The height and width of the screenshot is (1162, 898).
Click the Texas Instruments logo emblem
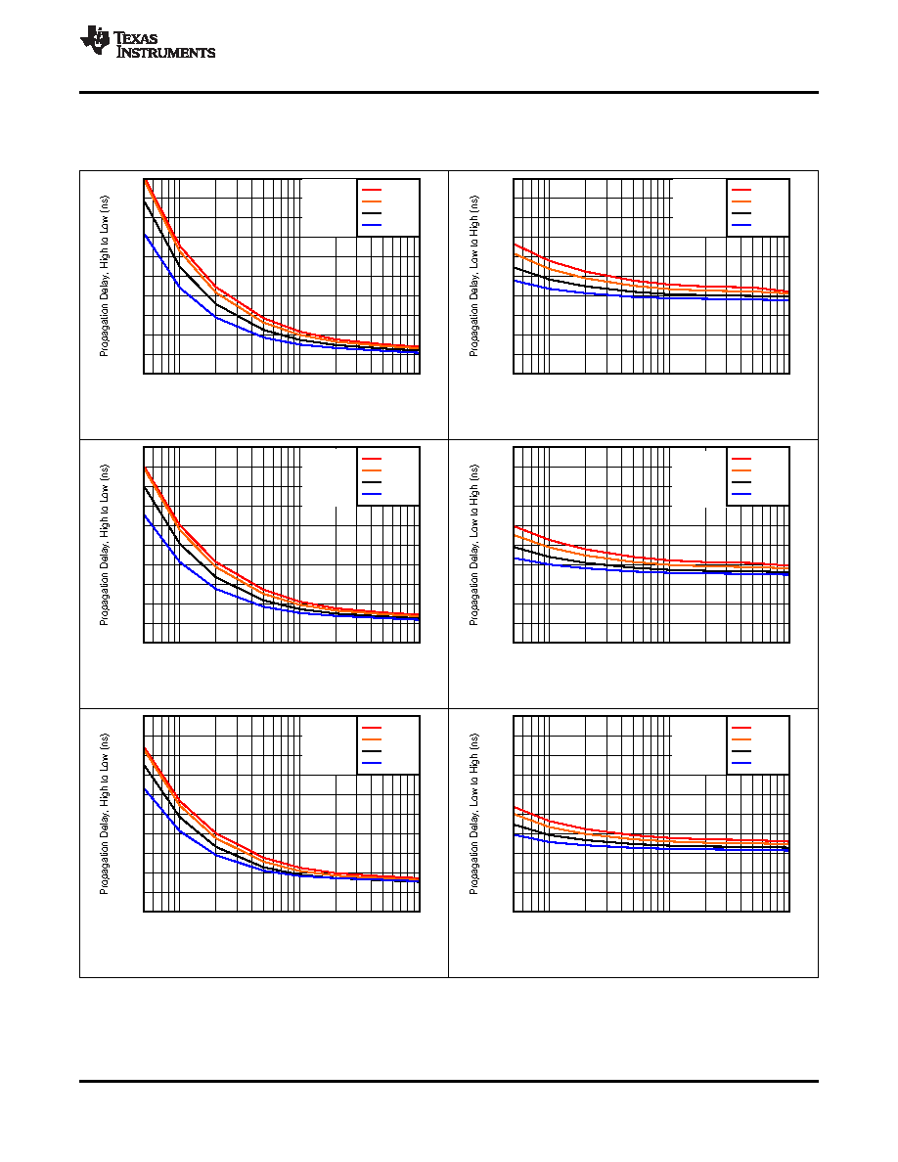95,40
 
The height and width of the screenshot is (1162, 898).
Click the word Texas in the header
136,38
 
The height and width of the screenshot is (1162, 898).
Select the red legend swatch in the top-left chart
371,190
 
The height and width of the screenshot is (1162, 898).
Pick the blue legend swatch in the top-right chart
741,225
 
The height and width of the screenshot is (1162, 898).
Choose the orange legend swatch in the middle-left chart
371,470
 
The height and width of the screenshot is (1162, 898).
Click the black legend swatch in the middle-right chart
741,482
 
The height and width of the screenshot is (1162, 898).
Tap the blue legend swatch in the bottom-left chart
371,763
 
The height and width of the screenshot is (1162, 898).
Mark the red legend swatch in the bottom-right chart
741,728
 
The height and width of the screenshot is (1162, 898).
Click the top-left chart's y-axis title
104,277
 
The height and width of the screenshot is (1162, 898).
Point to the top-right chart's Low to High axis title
474,277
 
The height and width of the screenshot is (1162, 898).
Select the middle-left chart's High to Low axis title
104,546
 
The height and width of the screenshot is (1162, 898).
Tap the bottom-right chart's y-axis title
474,815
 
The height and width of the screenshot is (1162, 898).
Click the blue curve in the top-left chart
216,317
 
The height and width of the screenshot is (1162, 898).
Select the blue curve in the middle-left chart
216,588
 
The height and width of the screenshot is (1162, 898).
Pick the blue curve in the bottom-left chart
216,855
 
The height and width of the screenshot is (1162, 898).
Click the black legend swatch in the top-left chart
371,213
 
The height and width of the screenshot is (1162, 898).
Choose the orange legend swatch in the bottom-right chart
741,739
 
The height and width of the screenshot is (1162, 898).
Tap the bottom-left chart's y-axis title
104,815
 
